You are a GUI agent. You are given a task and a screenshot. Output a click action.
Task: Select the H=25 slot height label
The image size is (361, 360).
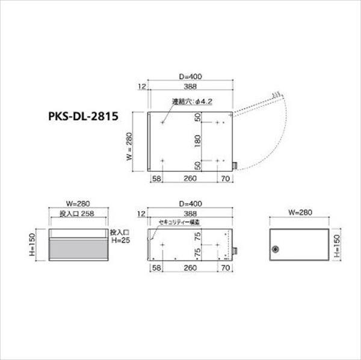[120, 240]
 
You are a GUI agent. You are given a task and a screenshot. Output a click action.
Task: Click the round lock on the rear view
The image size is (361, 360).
[277, 248]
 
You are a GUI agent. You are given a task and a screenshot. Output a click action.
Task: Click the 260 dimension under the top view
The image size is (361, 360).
[190, 178]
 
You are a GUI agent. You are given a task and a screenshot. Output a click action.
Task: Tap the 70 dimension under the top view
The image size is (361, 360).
[224, 178]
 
